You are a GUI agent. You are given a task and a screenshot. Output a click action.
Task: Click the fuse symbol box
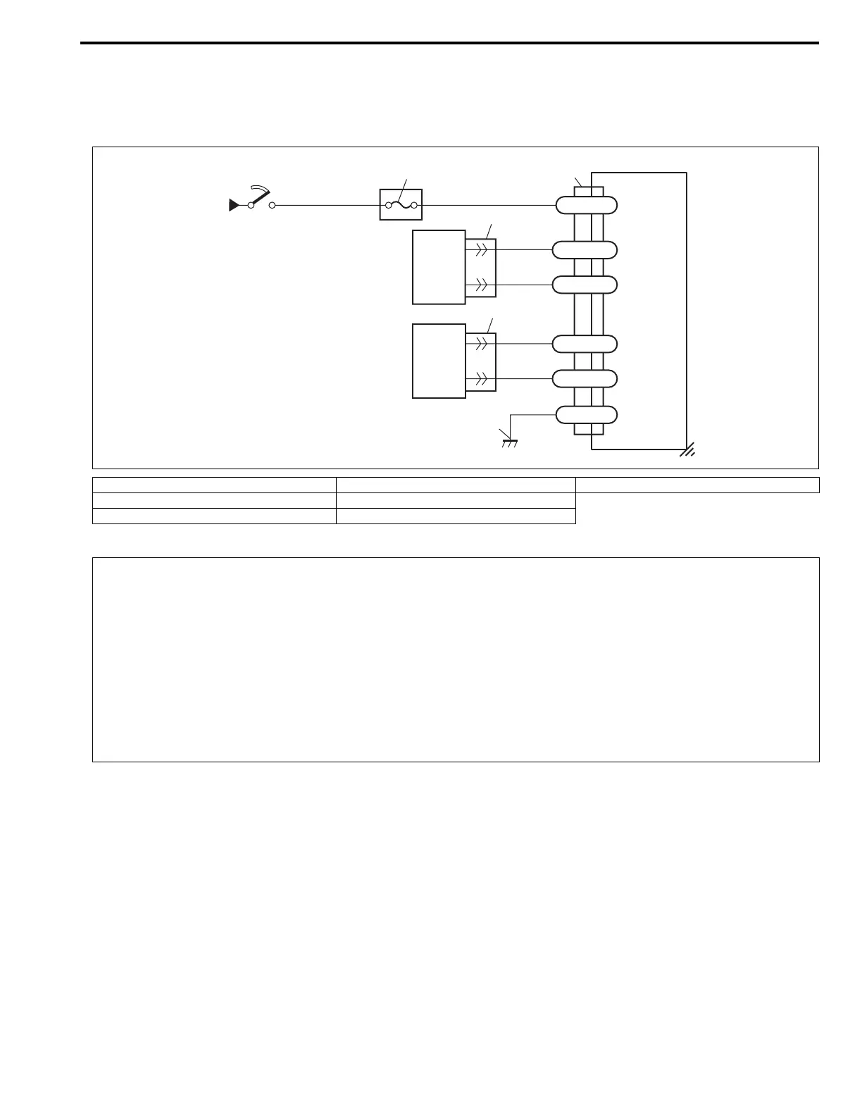click(x=401, y=204)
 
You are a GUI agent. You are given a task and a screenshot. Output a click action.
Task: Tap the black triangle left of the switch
click(x=234, y=206)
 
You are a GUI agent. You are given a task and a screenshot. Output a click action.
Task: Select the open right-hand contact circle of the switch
click(x=273, y=206)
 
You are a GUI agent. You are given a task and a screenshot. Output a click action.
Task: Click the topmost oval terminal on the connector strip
click(x=586, y=205)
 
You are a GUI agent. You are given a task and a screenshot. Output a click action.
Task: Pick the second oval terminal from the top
click(x=586, y=250)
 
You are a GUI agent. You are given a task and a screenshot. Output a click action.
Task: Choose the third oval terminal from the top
click(x=586, y=285)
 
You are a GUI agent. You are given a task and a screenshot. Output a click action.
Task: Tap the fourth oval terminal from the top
click(x=586, y=344)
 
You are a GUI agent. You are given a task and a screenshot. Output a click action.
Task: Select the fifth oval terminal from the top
click(x=586, y=378)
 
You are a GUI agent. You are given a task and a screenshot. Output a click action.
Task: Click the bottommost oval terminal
click(x=586, y=415)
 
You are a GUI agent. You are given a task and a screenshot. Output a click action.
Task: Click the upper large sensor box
click(x=439, y=267)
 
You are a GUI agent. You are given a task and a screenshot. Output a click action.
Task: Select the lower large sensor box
click(x=439, y=361)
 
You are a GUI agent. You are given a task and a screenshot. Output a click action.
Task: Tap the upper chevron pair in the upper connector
click(x=482, y=249)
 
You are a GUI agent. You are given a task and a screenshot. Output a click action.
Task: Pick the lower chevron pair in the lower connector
click(x=482, y=378)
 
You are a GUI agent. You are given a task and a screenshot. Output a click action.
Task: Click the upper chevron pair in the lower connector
click(x=482, y=344)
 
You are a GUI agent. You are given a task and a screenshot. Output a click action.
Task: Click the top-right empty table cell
click(x=697, y=485)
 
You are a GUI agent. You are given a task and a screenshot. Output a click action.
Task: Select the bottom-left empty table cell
click(x=214, y=516)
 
